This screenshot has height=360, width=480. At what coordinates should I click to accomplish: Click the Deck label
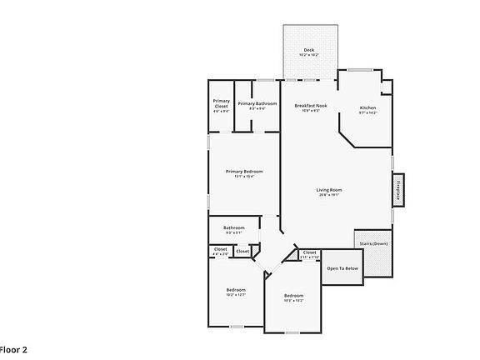click(x=309, y=50)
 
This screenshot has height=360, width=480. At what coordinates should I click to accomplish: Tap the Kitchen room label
click(x=367, y=107)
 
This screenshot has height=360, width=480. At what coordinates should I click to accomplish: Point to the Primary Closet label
click(x=221, y=103)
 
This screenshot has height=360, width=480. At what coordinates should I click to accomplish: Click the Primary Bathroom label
click(x=257, y=103)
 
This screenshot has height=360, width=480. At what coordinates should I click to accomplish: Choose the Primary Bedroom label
click(x=244, y=171)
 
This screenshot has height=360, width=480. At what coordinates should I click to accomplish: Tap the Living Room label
click(x=329, y=190)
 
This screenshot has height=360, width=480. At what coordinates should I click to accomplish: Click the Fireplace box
click(x=398, y=190)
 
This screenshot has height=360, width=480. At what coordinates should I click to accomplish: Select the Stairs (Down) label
click(x=372, y=243)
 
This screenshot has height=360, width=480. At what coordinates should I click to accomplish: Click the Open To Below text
click(x=342, y=268)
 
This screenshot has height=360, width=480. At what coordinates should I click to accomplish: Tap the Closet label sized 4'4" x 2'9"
click(x=220, y=249)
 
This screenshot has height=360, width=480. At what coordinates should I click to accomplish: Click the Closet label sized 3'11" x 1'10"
click(x=309, y=253)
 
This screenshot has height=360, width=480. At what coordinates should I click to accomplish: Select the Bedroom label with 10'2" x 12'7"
click(x=236, y=290)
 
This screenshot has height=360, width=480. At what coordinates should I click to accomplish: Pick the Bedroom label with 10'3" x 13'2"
click(x=293, y=297)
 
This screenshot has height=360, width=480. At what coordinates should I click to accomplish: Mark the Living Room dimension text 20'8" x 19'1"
click(x=329, y=196)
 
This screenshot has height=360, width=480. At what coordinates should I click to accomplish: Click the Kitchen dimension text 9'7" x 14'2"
click(x=367, y=113)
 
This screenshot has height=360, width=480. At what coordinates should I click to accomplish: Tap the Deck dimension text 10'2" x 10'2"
click(x=309, y=56)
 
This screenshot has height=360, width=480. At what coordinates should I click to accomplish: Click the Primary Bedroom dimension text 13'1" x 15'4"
click(x=244, y=177)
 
